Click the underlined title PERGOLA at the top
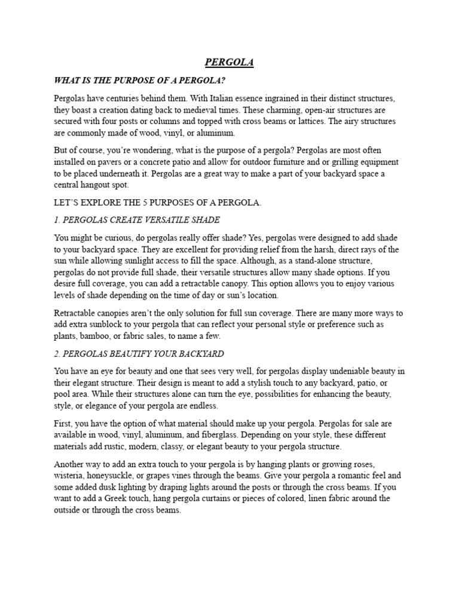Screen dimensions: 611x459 [229, 63]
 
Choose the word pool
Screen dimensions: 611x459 [63, 394]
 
